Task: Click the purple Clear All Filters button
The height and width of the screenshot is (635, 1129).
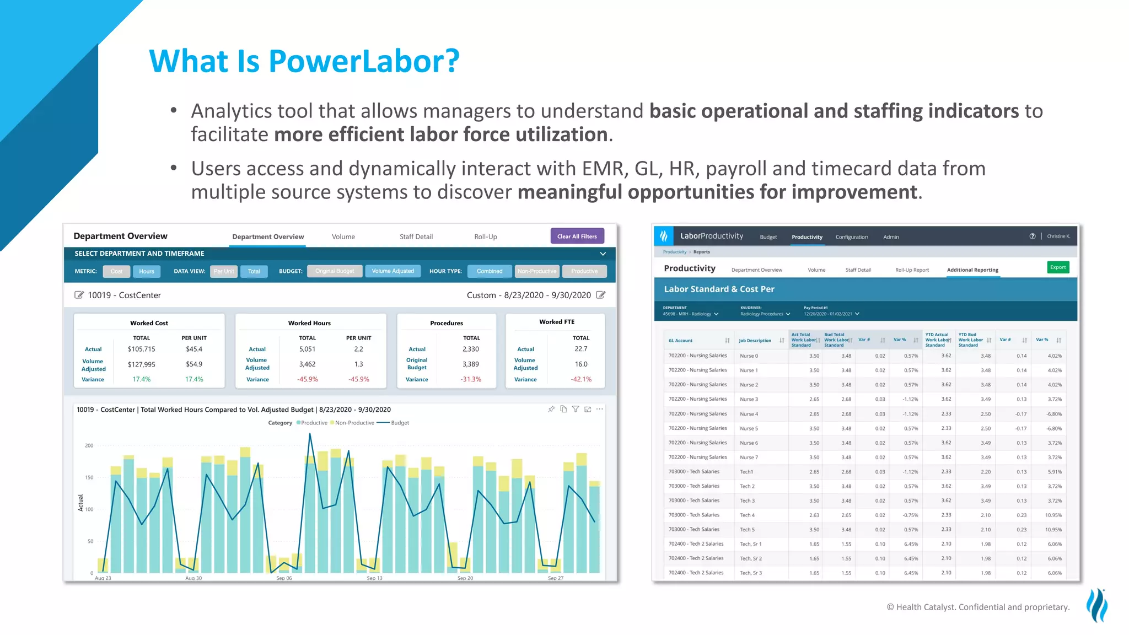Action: coord(577,236)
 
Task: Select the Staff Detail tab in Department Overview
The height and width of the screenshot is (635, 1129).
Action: coord(416,237)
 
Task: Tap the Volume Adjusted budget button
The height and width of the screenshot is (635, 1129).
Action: coord(393,271)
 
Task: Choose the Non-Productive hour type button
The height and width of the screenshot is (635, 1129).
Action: coord(536,271)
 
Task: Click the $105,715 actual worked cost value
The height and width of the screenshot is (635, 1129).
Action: coord(141,349)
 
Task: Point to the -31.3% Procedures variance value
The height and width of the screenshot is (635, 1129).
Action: coord(471,379)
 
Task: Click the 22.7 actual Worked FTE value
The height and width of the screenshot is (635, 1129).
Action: coord(580,349)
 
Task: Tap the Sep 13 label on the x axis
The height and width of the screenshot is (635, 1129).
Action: coord(374,578)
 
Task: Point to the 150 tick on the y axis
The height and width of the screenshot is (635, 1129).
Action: coord(89,477)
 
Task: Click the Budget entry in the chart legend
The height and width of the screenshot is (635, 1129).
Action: coord(400,423)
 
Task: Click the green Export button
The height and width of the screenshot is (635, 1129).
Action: coord(1057,267)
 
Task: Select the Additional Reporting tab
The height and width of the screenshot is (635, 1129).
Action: coord(972,270)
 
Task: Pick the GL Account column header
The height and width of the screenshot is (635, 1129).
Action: coord(680,341)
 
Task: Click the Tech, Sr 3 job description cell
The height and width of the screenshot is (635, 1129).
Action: coord(750,573)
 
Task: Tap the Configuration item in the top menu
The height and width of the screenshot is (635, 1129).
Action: coord(851,237)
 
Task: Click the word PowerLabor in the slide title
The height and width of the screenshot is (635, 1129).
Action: coord(364,61)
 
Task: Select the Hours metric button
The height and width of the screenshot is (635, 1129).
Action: coord(147,271)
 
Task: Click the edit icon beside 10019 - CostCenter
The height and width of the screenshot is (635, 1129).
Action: coord(79,295)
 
